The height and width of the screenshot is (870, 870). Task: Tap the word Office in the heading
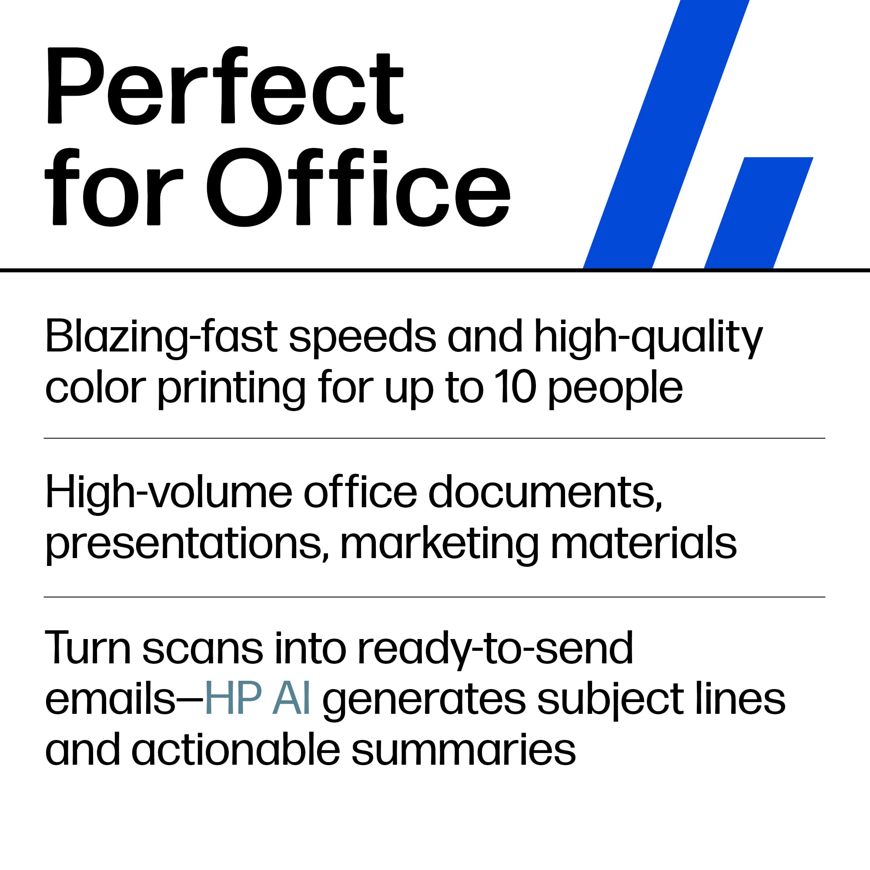pos(358,187)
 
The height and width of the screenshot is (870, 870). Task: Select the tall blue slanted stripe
pos(666,135)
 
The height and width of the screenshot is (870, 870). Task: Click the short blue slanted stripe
pos(759,212)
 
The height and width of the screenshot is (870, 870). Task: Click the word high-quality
pos(648,337)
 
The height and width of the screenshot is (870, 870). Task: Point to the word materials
pos(643,542)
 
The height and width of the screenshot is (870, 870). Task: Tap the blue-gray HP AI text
pos(257,699)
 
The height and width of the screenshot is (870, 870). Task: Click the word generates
pos(424,700)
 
